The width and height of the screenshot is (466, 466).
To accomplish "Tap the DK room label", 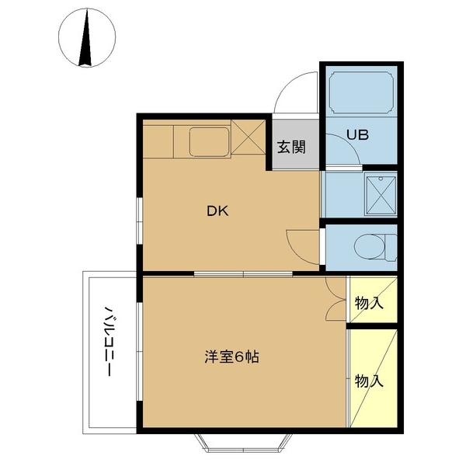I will pos(217,210).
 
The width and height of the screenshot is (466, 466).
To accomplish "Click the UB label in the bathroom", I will pos(357,134).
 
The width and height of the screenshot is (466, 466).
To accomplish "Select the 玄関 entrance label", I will pos(293,146).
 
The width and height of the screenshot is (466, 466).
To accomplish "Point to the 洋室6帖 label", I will pos(231,358).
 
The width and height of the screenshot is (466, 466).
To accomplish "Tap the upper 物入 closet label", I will pos(369,302).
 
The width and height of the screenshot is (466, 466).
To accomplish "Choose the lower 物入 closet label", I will pos(369,381).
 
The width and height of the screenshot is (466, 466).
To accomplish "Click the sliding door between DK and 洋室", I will pos(244,273).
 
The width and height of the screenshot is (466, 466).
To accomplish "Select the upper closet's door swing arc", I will pos(335,294).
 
